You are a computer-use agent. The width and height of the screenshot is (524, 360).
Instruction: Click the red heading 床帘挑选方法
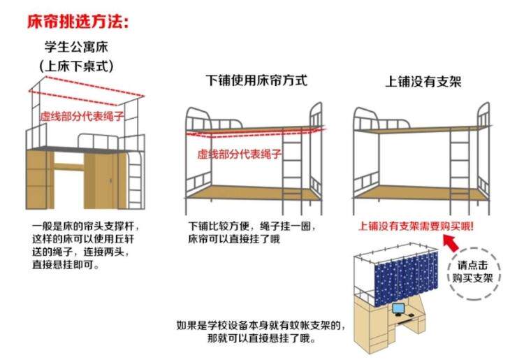click(x=78, y=22)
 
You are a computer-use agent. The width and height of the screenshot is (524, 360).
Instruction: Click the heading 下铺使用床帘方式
click(x=256, y=79)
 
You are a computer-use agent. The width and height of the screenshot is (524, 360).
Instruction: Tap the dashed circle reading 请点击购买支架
click(x=476, y=271)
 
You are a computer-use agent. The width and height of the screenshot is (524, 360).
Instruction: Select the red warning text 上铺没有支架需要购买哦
click(x=416, y=226)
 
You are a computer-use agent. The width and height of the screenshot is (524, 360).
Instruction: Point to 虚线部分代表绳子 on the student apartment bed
click(x=82, y=116)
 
